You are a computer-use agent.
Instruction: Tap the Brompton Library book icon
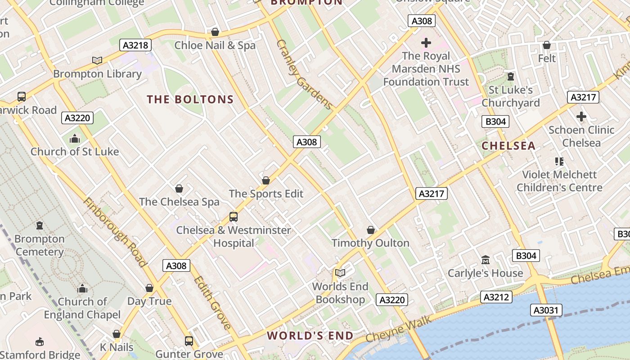pyautogui.click(x=97, y=60)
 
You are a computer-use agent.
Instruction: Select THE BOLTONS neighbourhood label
pyautogui.click(x=190, y=99)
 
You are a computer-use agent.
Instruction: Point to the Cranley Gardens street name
pyautogui.click(x=304, y=75)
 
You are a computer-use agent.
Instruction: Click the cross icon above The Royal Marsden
pyautogui.click(x=426, y=43)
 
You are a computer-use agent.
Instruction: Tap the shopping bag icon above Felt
pyautogui.click(x=547, y=45)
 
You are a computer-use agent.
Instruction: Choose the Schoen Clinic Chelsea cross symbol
pyautogui.click(x=581, y=117)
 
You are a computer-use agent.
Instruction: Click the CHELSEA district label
pyautogui.click(x=508, y=146)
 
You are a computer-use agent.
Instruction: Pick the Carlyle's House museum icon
pyautogui.click(x=486, y=260)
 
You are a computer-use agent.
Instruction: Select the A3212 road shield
pyautogui.click(x=497, y=297)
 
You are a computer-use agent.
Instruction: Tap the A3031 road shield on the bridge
pyautogui.click(x=546, y=310)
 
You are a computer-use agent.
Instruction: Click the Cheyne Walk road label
pyautogui.click(x=399, y=329)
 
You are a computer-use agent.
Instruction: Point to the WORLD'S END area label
pyautogui.click(x=310, y=336)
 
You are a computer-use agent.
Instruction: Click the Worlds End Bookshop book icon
pyautogui.click(x=340, y=273)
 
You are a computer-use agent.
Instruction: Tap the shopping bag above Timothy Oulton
pyautogui.click(x=371, y=230)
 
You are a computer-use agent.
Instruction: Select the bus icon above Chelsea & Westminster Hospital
pyautogui.click(x=234, y=217)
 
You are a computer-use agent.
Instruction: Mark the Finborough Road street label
pyautogui.click(x=115, y=232)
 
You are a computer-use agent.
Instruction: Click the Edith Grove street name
pyautogui.click(x=212, y=302)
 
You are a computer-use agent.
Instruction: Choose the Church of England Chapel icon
pyautogui.click(x=82, y=288)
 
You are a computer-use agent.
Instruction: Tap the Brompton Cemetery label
pyautogui.click(x=40, y=245)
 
